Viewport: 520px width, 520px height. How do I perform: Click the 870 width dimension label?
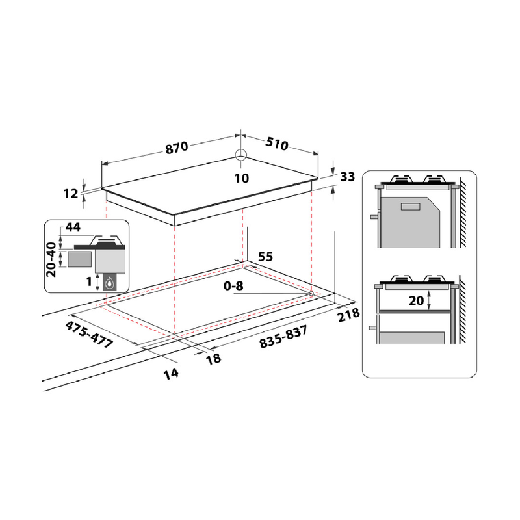[177, 148]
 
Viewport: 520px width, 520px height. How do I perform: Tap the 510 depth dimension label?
[277, 144]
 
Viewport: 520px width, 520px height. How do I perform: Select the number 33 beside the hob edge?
[348, 177]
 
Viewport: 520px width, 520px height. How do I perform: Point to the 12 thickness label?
[71, 193]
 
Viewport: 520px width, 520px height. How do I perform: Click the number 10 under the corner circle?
[242, 178]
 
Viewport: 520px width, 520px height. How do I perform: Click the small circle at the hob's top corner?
[240, 155]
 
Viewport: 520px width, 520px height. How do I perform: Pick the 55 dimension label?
[265, 256]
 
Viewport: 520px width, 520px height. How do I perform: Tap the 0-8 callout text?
[233, 285]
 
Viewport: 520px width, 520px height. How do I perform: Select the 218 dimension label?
[348, 315]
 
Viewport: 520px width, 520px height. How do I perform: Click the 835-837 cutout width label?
[283, 337]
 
